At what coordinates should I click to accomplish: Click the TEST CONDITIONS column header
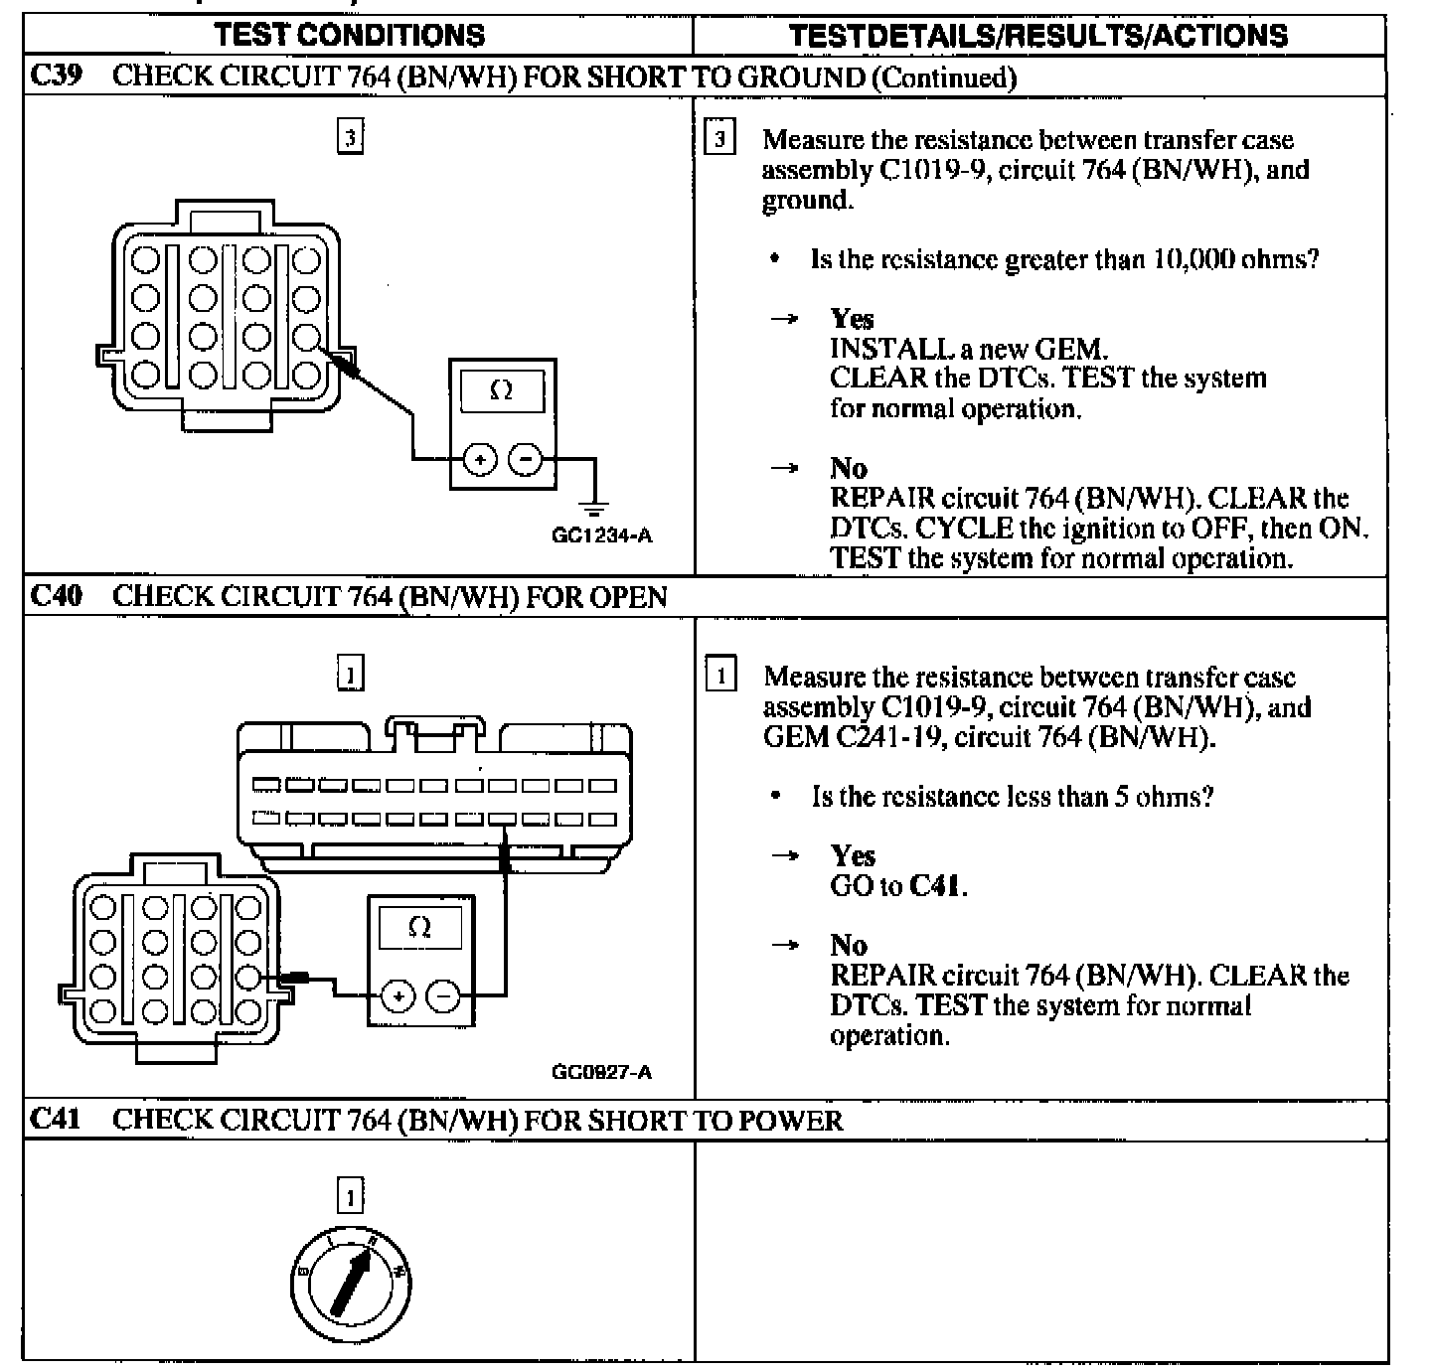[350, 36]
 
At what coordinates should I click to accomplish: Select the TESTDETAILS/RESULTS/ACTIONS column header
[1037, 36]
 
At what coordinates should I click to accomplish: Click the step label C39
[55, 76]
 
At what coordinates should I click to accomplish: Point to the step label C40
[55, 596]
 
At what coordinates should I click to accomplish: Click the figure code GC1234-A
[602, 536]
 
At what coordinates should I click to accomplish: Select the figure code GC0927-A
[602, 1073]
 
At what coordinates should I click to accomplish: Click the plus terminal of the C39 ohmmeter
[480, 459]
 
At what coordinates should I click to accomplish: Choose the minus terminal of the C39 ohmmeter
[526, 459]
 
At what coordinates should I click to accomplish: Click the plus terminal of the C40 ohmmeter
[397, 996]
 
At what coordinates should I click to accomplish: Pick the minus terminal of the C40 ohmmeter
[443, 996]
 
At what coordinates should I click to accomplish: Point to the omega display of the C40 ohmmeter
[420, 928]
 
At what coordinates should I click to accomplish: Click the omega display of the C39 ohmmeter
[502, 390]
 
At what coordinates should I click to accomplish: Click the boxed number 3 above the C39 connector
[350, 136]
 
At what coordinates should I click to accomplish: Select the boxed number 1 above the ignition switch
[350, 1196]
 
